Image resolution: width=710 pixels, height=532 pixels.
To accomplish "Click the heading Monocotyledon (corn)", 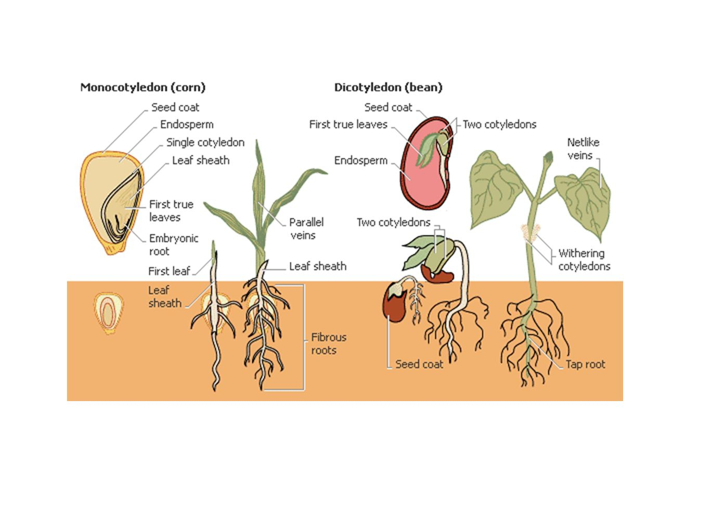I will (143, 87).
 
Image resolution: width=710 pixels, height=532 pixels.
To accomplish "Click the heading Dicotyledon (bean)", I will (388, 87).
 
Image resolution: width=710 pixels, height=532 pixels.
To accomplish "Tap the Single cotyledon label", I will (205, 142).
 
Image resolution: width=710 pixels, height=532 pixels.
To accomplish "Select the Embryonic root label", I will (173, 245).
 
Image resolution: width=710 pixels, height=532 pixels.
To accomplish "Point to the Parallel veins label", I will (306, 229).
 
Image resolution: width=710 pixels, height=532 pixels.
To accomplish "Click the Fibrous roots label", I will (328, 343).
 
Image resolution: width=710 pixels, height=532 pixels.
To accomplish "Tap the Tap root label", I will (585, 364).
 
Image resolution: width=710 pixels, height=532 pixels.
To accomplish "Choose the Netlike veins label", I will (583, 149).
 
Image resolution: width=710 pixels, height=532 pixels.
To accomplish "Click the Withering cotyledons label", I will (584, 260).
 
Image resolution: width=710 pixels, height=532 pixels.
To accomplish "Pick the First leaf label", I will (169, 271).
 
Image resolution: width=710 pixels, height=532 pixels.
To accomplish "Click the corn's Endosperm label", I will (186, 125).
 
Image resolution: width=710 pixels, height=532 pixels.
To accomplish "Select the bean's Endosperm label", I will (360, 160).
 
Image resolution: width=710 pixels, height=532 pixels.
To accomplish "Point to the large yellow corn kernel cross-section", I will (111, 197).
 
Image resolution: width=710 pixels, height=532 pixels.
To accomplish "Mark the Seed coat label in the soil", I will (419, 364).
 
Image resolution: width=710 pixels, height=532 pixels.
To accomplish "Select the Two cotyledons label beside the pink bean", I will (499, 125).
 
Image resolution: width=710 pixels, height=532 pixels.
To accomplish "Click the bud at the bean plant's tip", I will (548, 156).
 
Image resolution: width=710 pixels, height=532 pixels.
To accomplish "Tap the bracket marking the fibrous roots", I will (303, 338).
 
